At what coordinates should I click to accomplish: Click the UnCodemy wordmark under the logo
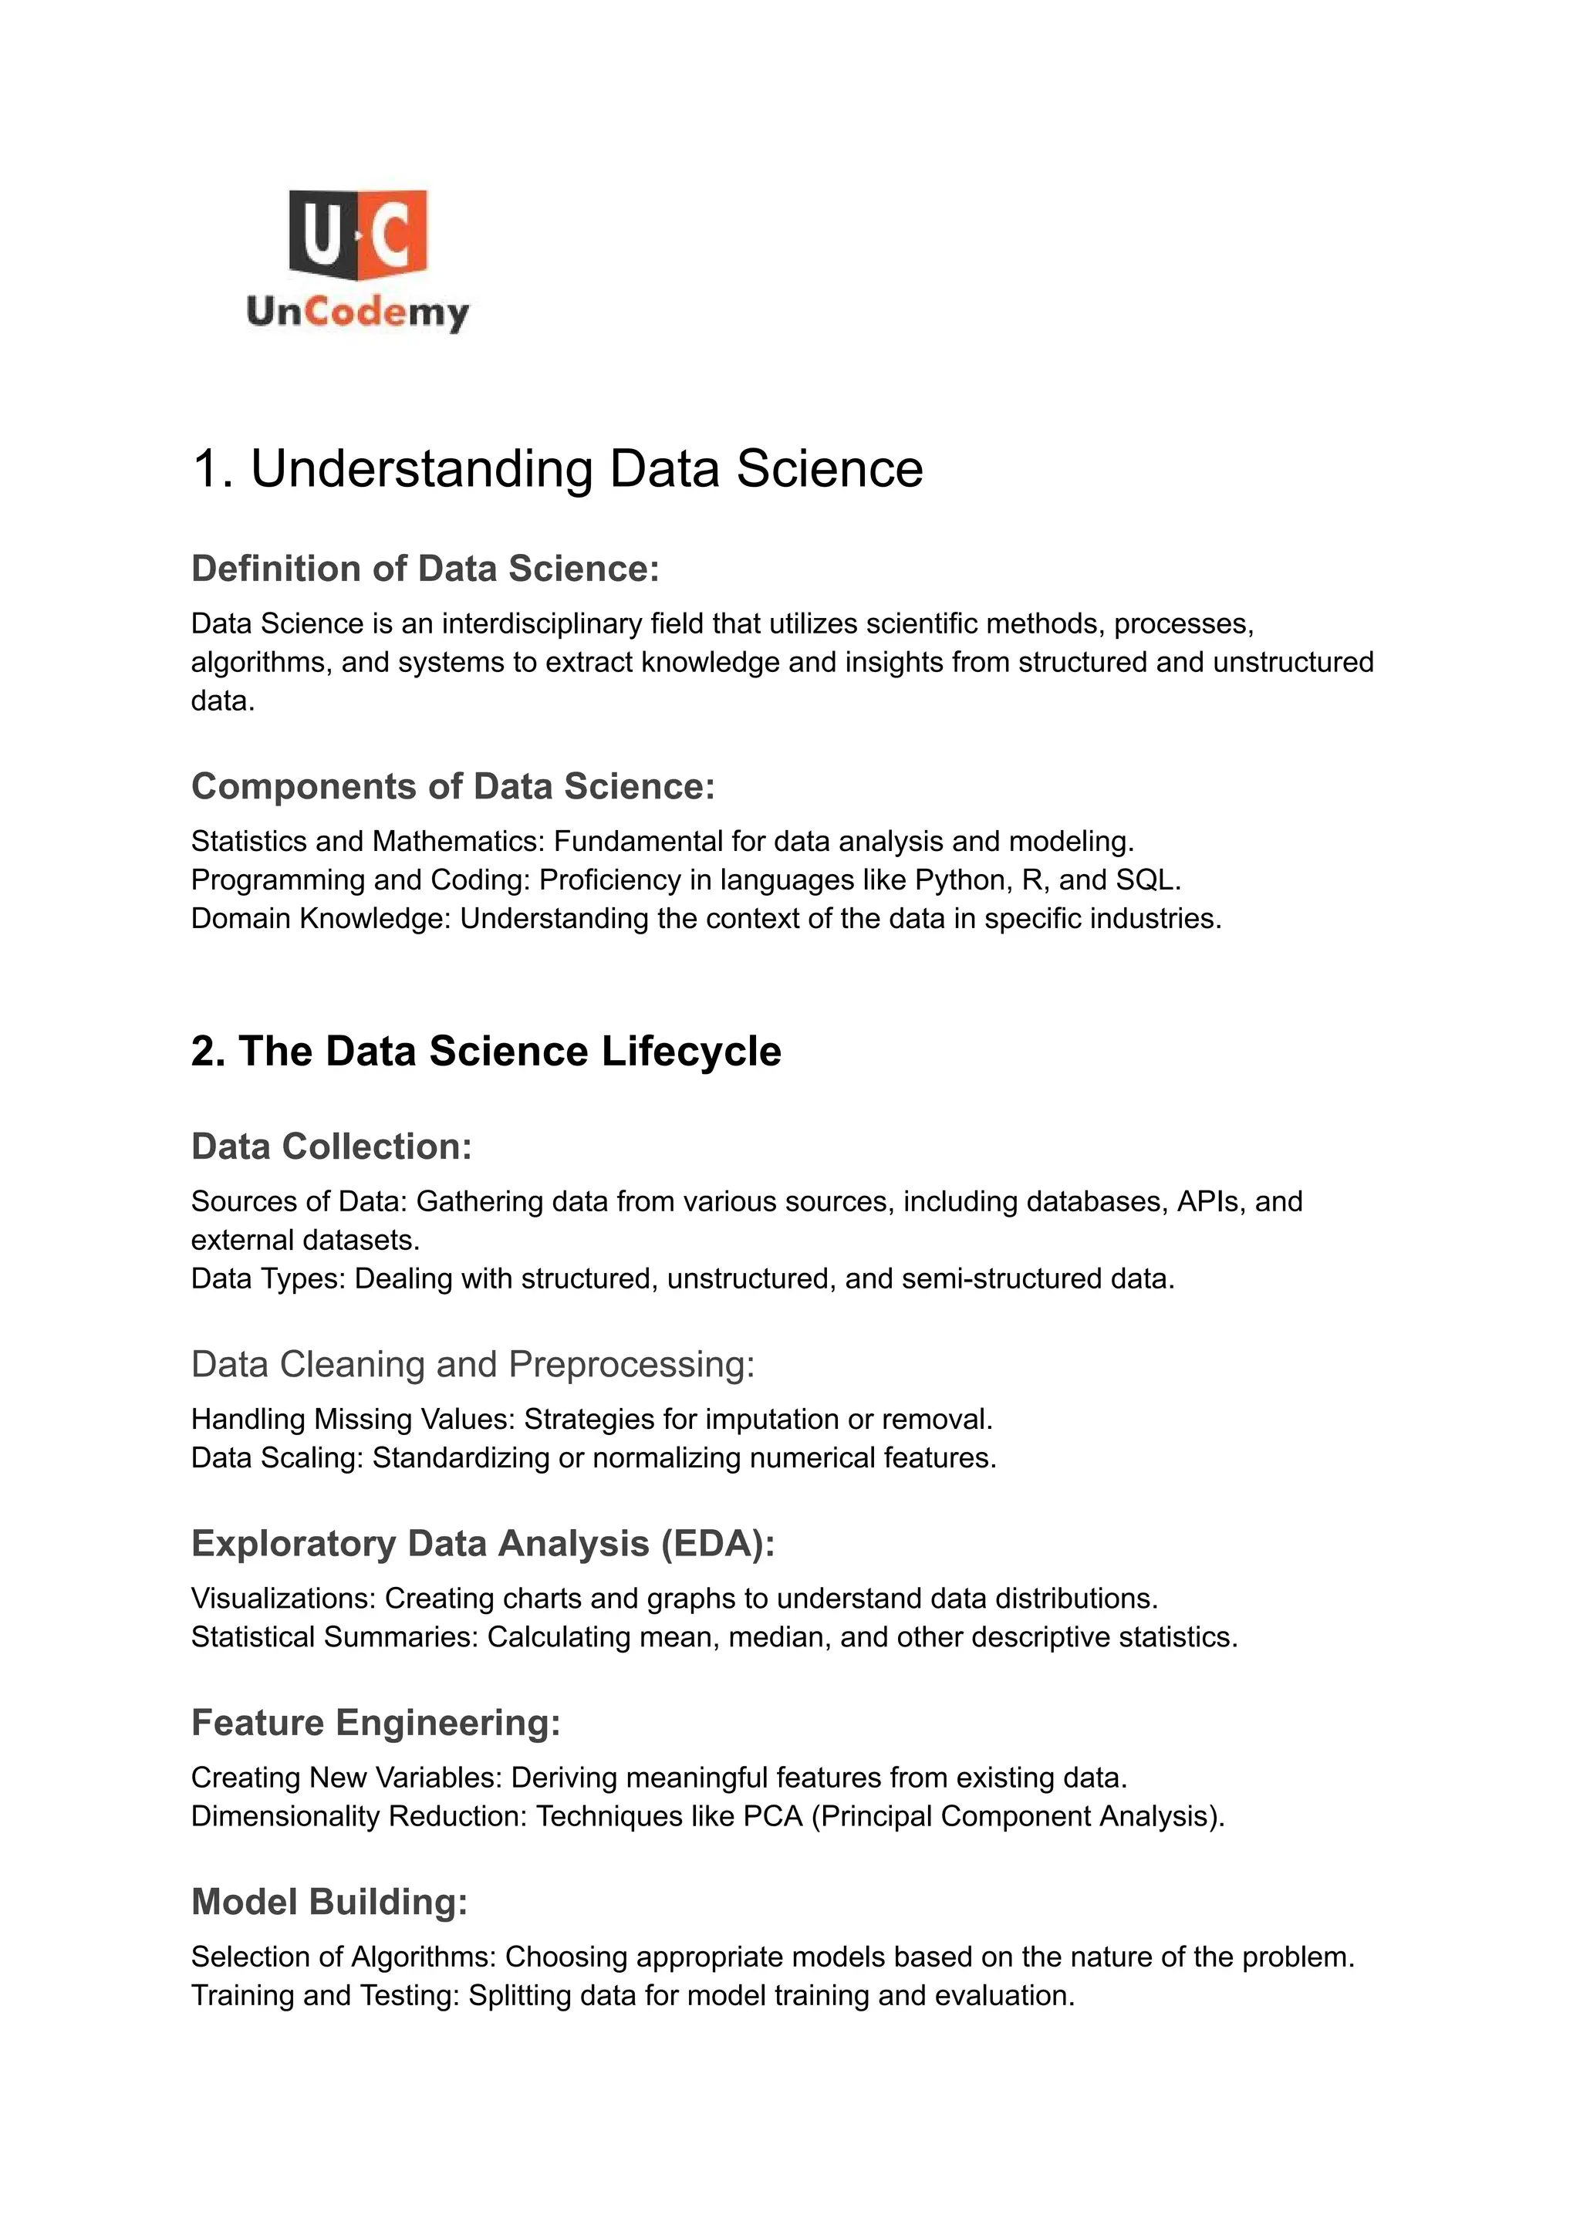coord(358,312)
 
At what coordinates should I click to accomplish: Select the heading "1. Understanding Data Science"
coord(558,469)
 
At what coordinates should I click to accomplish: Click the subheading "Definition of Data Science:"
coord(425,568)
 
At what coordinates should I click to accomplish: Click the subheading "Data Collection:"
coord(331,1146)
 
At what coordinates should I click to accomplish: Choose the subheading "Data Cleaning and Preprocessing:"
coord(473,1364)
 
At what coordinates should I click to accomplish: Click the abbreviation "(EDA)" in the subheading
coord(717,1543)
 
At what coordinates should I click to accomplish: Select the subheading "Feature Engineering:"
coord(376,1722)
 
